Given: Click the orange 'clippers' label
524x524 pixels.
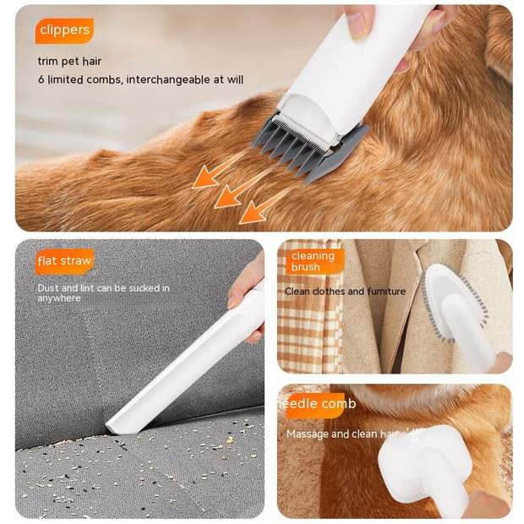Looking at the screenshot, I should (64, 30).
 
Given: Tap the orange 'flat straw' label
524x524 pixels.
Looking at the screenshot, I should (64, 260).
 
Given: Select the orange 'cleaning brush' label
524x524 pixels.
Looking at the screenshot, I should (313, 261).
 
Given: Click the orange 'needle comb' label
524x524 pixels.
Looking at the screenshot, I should (319, 404).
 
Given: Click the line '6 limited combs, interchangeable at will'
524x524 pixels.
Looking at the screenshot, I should (140, 79).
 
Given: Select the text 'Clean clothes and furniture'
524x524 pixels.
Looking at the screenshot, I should (345, 292).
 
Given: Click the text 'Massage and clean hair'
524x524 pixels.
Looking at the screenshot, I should (341, 434).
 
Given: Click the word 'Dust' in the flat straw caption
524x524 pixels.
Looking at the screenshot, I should (47, 288).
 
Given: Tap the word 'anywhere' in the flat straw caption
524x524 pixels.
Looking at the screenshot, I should (58, 298).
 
